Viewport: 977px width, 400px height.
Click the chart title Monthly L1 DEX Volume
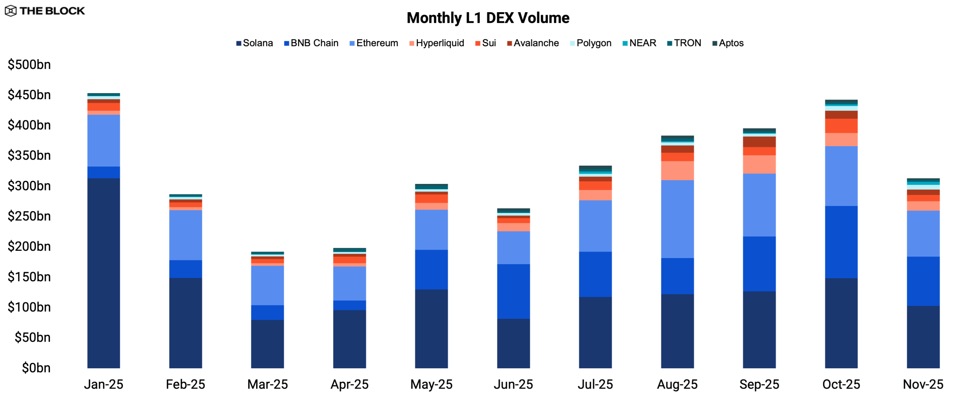point(488,18)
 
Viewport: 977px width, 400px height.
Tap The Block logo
point(45,11)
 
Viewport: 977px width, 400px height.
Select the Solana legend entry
point(255,43)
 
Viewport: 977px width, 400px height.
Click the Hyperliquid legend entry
point(437,43)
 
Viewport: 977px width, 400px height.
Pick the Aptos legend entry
point(728,43)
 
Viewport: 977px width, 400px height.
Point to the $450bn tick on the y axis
point(29,95)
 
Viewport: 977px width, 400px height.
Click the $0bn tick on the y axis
point(36,368)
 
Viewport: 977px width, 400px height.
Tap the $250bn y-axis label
point(29,216)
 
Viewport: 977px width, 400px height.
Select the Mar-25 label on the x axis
point(268,384)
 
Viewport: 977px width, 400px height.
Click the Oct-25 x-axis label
point(841,384)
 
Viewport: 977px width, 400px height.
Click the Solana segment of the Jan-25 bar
point(103,273)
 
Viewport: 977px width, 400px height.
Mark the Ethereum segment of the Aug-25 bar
point(677,219)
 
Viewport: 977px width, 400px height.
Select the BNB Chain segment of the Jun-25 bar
point(513,291)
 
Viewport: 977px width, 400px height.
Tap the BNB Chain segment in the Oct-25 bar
point(841,242)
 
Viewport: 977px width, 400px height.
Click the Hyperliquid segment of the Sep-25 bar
point(759,164)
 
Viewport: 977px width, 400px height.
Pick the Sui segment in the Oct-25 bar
point(841,126)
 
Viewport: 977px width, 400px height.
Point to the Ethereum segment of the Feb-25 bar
point(185,235)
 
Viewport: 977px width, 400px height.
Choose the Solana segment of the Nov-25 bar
point(923,337)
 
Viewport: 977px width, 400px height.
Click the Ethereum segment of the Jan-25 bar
point(103,140)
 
